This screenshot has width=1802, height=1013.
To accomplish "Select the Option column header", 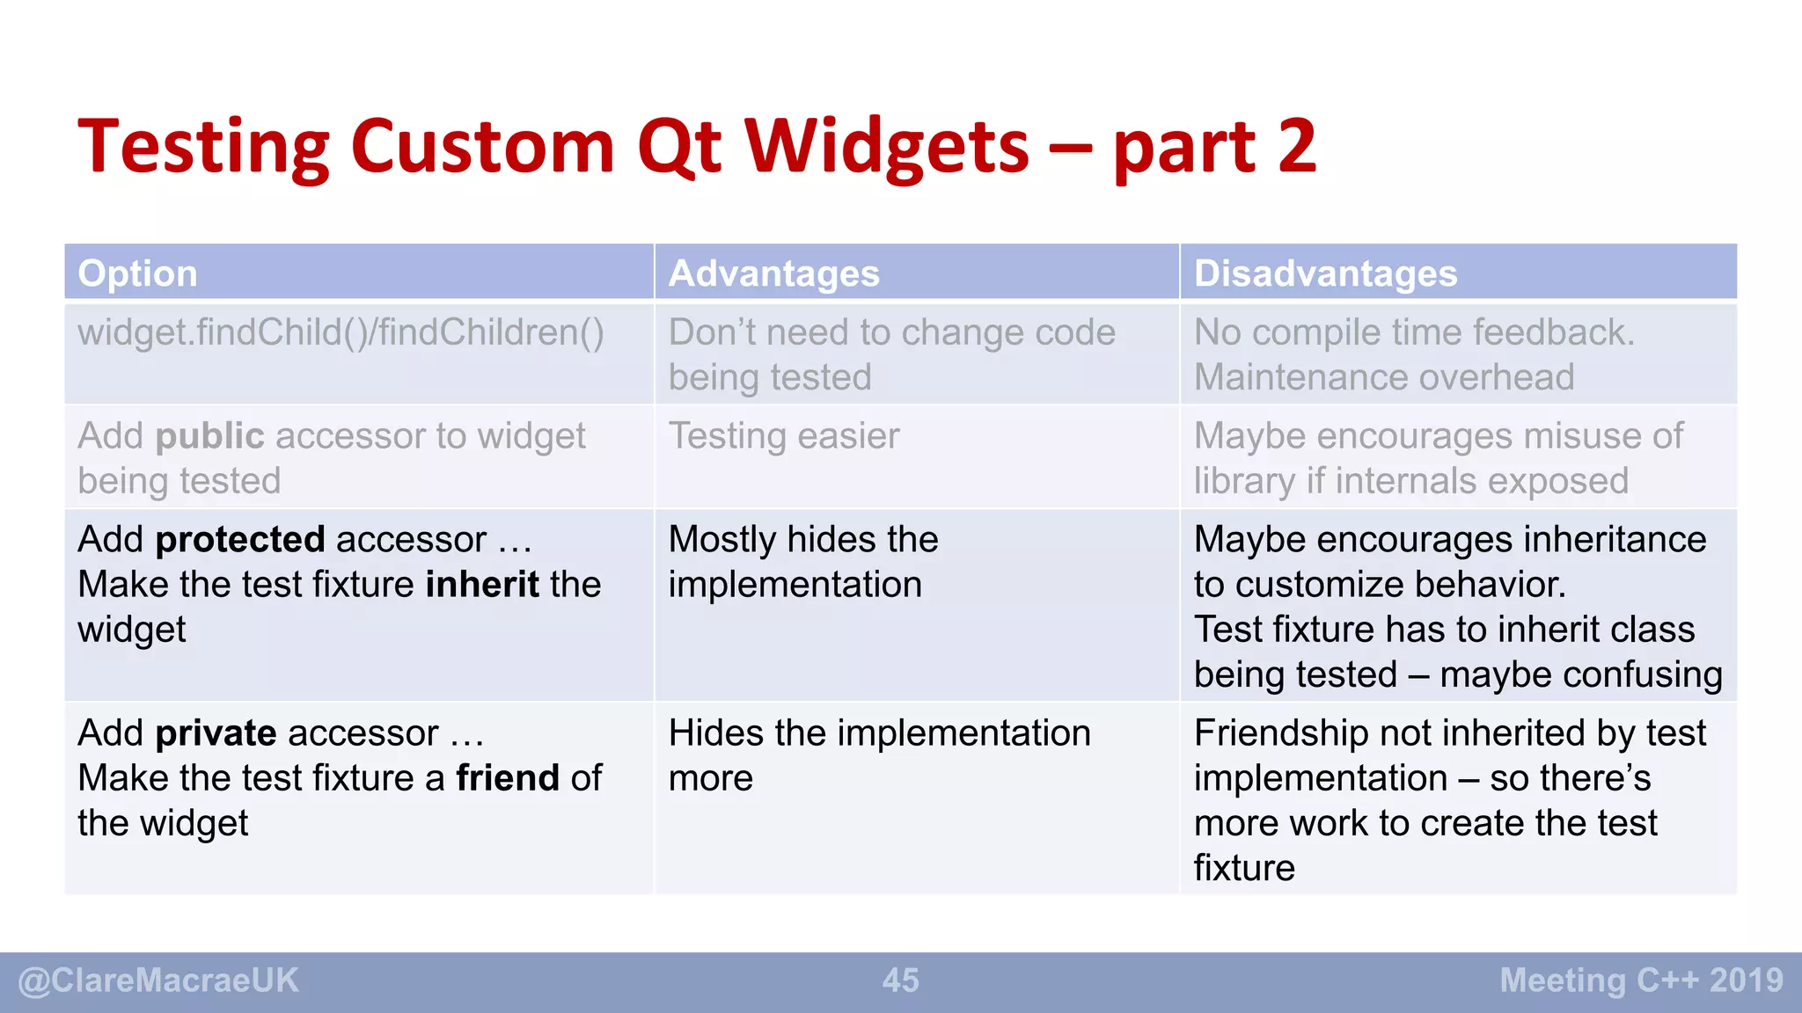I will click(x=137, y=273).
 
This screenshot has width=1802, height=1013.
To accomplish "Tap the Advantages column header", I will click(x=773, y=273).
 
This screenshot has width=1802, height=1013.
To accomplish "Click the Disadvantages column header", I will click(x=1325, y=273).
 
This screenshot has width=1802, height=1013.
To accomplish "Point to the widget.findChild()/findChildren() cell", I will click(x=341, y=333).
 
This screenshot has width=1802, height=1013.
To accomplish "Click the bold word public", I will click(x=209, y=436).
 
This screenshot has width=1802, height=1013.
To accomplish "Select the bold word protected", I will click(x=240, y=539).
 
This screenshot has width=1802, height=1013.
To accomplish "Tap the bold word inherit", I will click(x=482, y=585).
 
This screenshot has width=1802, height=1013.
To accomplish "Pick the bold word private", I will click(x=216, y=732).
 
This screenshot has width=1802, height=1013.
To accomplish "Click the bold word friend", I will click(x=508, y=778).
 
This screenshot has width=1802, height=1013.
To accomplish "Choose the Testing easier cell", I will click(x=784, y=436).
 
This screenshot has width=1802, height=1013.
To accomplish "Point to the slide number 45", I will click(x=900, y=980).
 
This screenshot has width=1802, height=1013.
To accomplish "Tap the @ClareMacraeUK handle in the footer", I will click(x=158, y=980).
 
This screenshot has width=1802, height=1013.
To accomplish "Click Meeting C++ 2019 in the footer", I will click(x=1641, y=980).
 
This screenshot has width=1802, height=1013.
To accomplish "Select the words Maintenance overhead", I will click(x=1383, y=377).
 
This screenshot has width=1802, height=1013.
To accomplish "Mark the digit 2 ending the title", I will click(x=1296, y=147).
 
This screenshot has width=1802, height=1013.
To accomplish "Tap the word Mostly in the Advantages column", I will click(x=722, y=540).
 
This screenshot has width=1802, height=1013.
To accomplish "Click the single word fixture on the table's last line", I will click(x=1243, y=868).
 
